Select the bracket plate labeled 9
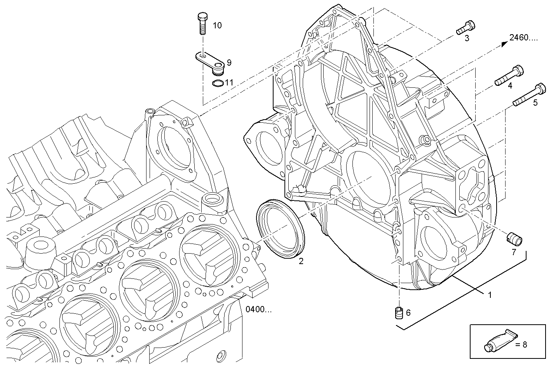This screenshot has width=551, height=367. pos(210,61)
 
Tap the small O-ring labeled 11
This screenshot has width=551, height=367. pos(218,83)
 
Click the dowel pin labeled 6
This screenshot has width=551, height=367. pos(398,312)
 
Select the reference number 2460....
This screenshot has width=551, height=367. pos(523,38)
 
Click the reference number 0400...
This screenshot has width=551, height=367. pos(258,310)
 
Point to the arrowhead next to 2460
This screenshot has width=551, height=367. pos(504,43)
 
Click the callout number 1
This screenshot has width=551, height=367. pos(490,295)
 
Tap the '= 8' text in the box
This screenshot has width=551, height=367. pos(521,344)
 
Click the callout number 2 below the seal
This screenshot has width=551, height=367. pos(301,261)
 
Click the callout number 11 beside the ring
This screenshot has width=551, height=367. pos(229,83)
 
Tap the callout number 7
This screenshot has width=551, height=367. pos(513,252)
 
